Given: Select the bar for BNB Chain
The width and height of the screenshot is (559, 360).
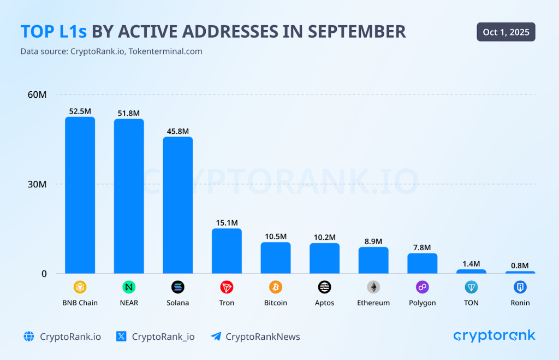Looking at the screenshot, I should click(80, 195).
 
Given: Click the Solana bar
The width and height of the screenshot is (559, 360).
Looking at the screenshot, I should click(177, 205).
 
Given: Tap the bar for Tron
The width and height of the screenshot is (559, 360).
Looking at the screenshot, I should click(227, 251).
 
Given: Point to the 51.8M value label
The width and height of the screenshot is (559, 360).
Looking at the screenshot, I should click(129, 114).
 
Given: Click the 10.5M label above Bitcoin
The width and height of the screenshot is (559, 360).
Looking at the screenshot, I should click(276, 237).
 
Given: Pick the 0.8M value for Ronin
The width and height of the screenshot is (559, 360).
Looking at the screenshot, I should click(520, 266).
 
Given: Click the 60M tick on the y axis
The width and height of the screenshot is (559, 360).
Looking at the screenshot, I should click(37, 95).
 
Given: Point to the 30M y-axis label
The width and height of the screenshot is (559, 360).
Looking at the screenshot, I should click(37, 184).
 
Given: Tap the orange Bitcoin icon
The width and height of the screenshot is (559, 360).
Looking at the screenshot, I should click(276, 287).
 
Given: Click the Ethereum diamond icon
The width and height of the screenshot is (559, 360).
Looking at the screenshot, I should click(373, 287).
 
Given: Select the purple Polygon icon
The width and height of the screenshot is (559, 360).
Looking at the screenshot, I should click(422, 287).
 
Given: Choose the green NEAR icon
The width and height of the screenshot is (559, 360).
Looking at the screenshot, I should click(129, 287).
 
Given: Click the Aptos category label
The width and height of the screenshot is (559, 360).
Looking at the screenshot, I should click(324, 303).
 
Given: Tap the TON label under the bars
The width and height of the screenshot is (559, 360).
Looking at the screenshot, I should click(471, 303).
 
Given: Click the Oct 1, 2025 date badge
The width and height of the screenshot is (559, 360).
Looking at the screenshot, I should click(506, 32).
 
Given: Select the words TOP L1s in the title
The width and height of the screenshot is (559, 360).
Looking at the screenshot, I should click(53, 32).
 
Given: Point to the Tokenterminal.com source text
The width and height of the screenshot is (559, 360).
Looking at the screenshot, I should click(165, 51).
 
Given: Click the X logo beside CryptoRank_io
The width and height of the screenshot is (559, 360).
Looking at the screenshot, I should click(122, 337).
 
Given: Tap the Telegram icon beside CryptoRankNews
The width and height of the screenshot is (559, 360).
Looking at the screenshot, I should click(216, 337).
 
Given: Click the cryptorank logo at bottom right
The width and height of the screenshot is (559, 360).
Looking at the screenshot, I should click(494, 336).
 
